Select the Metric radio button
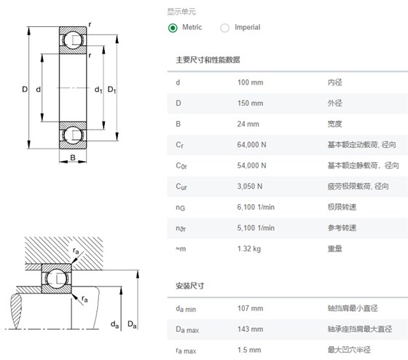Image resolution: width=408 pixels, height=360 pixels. [x=173, y=28]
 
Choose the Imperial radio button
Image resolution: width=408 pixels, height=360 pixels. [x=225, y=28]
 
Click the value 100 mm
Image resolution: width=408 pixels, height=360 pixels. [x=250, y=82]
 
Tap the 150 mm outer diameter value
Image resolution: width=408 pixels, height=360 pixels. [x=250, y=103]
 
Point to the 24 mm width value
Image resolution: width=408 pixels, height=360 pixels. [x=248, y=124]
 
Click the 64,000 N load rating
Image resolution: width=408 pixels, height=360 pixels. [x=251, y=145]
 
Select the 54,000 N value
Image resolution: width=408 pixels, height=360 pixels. [x=251, y=165]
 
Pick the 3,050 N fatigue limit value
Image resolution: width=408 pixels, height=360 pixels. [x=249, y=187]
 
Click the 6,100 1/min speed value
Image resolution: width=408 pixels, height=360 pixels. [x=256, y=207]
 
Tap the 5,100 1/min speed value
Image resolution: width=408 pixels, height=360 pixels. [x=256, y=228]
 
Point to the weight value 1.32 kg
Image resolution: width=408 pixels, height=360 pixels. [x=249, y=249]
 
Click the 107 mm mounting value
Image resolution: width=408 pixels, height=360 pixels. [x=250, y=308]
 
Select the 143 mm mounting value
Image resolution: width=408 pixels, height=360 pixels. [x=250, y=329]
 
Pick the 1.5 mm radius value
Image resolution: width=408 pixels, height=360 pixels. [x=249, y=350]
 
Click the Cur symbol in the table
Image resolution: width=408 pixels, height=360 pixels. [x=181, y=187]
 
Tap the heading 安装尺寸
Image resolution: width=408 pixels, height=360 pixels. [x=190, y=286]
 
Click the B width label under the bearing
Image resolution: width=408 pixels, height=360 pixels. [x=73, y=157]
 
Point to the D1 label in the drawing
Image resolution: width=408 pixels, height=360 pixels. [x=112, y=90]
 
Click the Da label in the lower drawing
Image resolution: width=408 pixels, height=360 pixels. [x=132, y=324]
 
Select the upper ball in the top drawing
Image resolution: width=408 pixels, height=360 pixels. [x=73, y=40]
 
